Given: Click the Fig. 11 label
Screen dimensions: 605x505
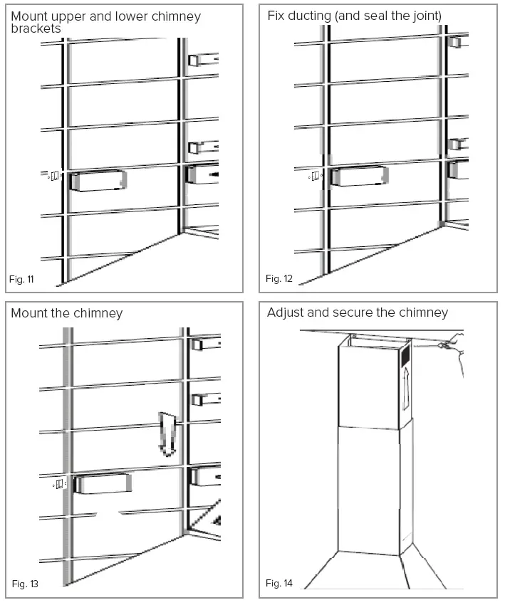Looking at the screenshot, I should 22,279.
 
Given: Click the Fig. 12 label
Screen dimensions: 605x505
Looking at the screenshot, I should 278,279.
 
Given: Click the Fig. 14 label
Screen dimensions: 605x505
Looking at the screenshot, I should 279,584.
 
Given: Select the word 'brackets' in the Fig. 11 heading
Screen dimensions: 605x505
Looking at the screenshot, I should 36,28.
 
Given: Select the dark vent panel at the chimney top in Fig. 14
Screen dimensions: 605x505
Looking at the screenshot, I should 405,353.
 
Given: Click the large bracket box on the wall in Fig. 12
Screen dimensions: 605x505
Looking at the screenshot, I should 360,176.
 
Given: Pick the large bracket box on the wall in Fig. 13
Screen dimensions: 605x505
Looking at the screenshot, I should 103,484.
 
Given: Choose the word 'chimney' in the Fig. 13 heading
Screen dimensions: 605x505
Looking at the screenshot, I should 98,313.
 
